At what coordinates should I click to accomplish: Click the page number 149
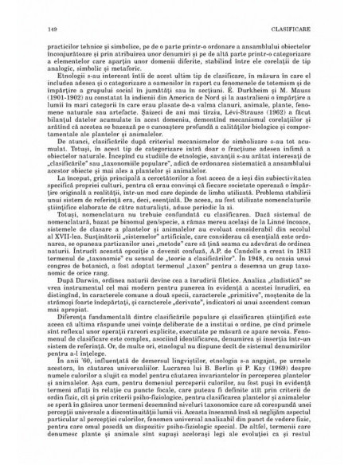click(52, 9)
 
